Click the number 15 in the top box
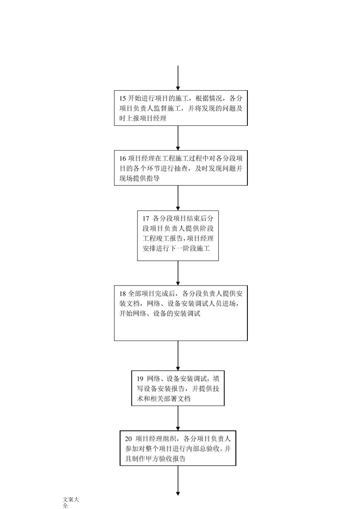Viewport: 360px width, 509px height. coord(122,98)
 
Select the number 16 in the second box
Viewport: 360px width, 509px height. coord(122,159)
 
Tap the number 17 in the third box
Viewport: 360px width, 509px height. coord(146,219)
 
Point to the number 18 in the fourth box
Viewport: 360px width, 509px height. coord(122,294)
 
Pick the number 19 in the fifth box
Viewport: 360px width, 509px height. coord(140,379)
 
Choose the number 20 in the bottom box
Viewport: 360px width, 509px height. coord(128,439)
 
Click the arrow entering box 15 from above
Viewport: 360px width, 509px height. coord(178,78)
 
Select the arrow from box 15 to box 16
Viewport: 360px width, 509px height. coord(178,138)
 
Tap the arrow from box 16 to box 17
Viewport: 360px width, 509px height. coord(178,198)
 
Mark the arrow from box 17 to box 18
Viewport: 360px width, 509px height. coord(178,273)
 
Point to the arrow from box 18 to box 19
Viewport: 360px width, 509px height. coord(178,356)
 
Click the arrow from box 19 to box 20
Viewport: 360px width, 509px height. coord(178,418)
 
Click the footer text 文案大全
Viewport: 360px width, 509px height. coord(70,502)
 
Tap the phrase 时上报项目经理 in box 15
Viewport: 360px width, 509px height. coord(143,119)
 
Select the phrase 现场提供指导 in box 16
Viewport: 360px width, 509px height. coord(139,178)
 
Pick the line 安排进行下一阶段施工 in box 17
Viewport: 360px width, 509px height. coord(176,249)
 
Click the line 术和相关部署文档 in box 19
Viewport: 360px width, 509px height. coord(164,399)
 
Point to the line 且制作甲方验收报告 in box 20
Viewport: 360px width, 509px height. coord(155,459)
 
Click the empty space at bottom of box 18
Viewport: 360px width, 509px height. coord(181,329)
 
